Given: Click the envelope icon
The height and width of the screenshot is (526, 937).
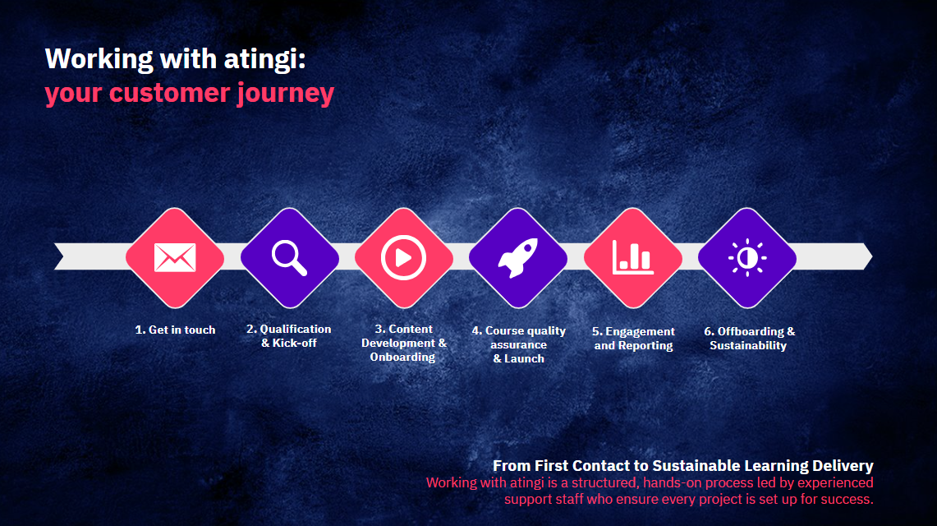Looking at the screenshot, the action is point(175,257).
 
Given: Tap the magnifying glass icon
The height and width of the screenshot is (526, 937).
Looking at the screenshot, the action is point(290,258).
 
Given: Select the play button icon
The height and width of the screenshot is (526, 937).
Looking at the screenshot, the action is point(404,257).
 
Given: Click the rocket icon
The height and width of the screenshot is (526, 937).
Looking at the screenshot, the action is point(518,257).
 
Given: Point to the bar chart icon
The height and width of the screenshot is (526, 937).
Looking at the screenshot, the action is point(633,257).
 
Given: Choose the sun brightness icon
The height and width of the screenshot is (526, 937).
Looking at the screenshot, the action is point(747,257).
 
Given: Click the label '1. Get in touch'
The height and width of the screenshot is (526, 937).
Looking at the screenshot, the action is point(175,330).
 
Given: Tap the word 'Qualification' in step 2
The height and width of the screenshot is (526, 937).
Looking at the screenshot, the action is point(295,329).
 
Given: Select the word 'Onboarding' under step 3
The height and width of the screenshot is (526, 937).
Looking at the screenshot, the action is point(402,357).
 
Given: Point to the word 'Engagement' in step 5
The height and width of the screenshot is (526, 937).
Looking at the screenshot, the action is point(640,332).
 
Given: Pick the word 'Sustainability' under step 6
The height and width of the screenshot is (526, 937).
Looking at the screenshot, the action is point(748,345).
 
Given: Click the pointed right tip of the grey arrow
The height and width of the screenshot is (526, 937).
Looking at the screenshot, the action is point(872,256).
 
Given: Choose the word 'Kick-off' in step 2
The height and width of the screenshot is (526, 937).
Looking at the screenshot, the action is point(295,343).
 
